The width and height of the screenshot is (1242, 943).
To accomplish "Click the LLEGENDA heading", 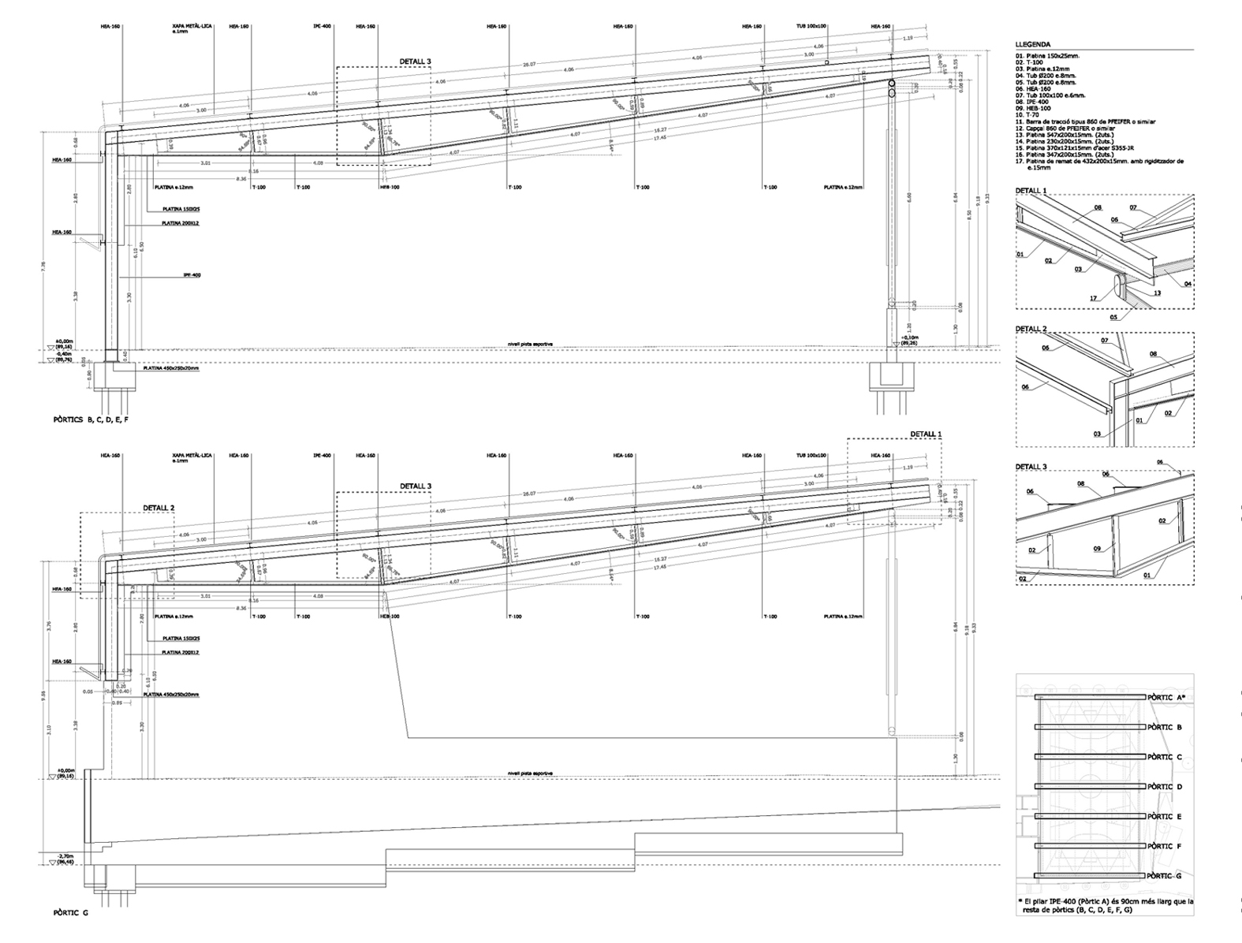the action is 1032,45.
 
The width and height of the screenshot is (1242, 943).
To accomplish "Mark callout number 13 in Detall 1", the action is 1157,293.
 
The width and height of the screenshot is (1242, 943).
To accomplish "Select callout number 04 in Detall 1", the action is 1188,283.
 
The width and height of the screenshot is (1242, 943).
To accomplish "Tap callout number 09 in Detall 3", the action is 1097,549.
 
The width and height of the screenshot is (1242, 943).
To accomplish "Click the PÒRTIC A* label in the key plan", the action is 1166,698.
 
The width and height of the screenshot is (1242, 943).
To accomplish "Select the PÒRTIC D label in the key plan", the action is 1165,787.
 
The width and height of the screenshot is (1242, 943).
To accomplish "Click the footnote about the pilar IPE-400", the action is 1105,905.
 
